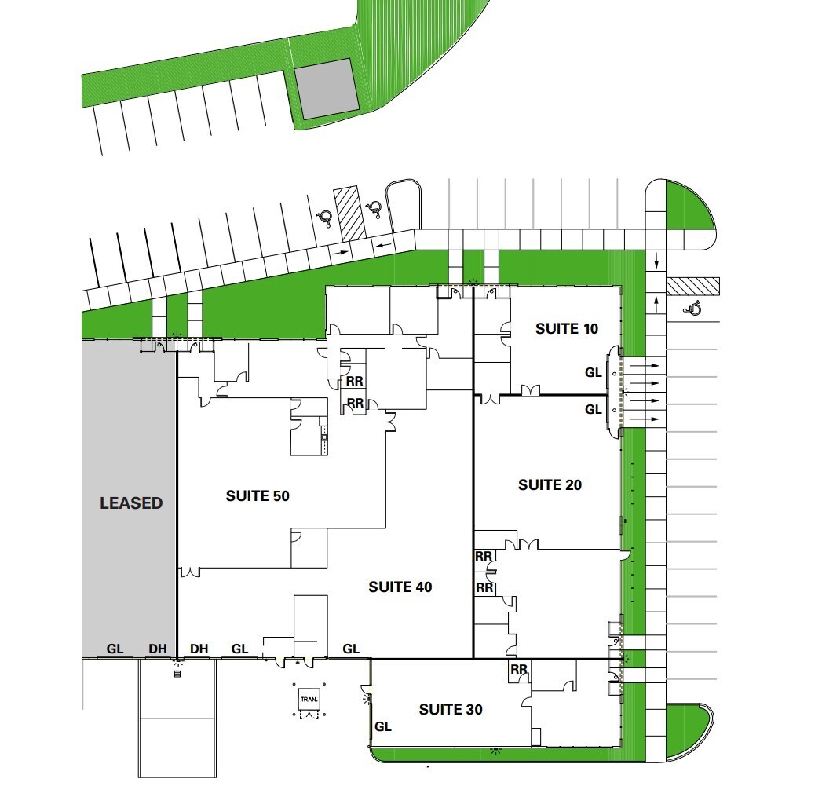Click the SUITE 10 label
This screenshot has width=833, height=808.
pos(566,329)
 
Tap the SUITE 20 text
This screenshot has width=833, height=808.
pos(550,485)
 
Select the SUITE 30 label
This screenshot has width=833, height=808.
pos(450,710)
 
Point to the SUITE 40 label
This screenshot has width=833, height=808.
pos(400,587)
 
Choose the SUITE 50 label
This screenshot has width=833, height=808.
pos(258,496)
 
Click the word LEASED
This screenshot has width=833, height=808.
pos(131,503)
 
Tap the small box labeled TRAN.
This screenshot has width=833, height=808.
pos(307,700)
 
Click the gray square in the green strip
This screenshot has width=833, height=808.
pos(326,89)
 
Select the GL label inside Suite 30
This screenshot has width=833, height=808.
pos(382,726)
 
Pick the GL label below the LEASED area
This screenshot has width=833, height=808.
pos(115,649)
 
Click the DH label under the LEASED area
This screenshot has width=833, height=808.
pos(158,649)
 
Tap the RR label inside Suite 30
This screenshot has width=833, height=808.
pos(518,670)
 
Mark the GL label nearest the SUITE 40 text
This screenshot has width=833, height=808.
pos(351,649)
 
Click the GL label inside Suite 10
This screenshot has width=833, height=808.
pos(594,373)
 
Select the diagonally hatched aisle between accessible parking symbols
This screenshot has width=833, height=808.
pos(349,213)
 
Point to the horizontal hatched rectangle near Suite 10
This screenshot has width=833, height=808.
pos(692,286)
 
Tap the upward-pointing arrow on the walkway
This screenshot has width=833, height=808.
pos(656,302)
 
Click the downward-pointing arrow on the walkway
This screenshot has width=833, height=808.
pos(656,260)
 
